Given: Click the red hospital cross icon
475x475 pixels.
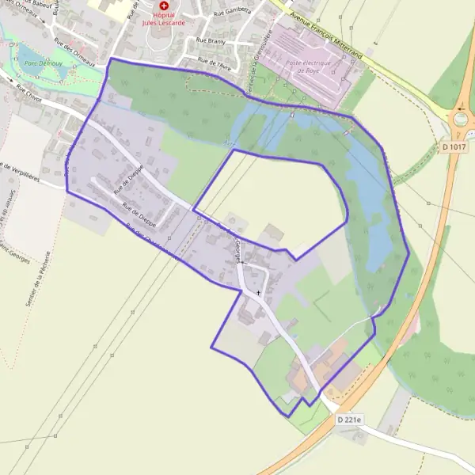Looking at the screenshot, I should point(165,6).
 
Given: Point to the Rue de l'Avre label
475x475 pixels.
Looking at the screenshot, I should point(214,61).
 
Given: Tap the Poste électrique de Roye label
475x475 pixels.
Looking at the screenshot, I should point(307,66).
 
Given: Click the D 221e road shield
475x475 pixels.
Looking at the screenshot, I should point(348,420).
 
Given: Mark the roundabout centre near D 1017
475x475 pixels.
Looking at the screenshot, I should point(462,120).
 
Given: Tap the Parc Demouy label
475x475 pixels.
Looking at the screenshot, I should point(39,64).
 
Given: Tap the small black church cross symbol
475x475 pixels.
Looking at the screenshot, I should point(258,293).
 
